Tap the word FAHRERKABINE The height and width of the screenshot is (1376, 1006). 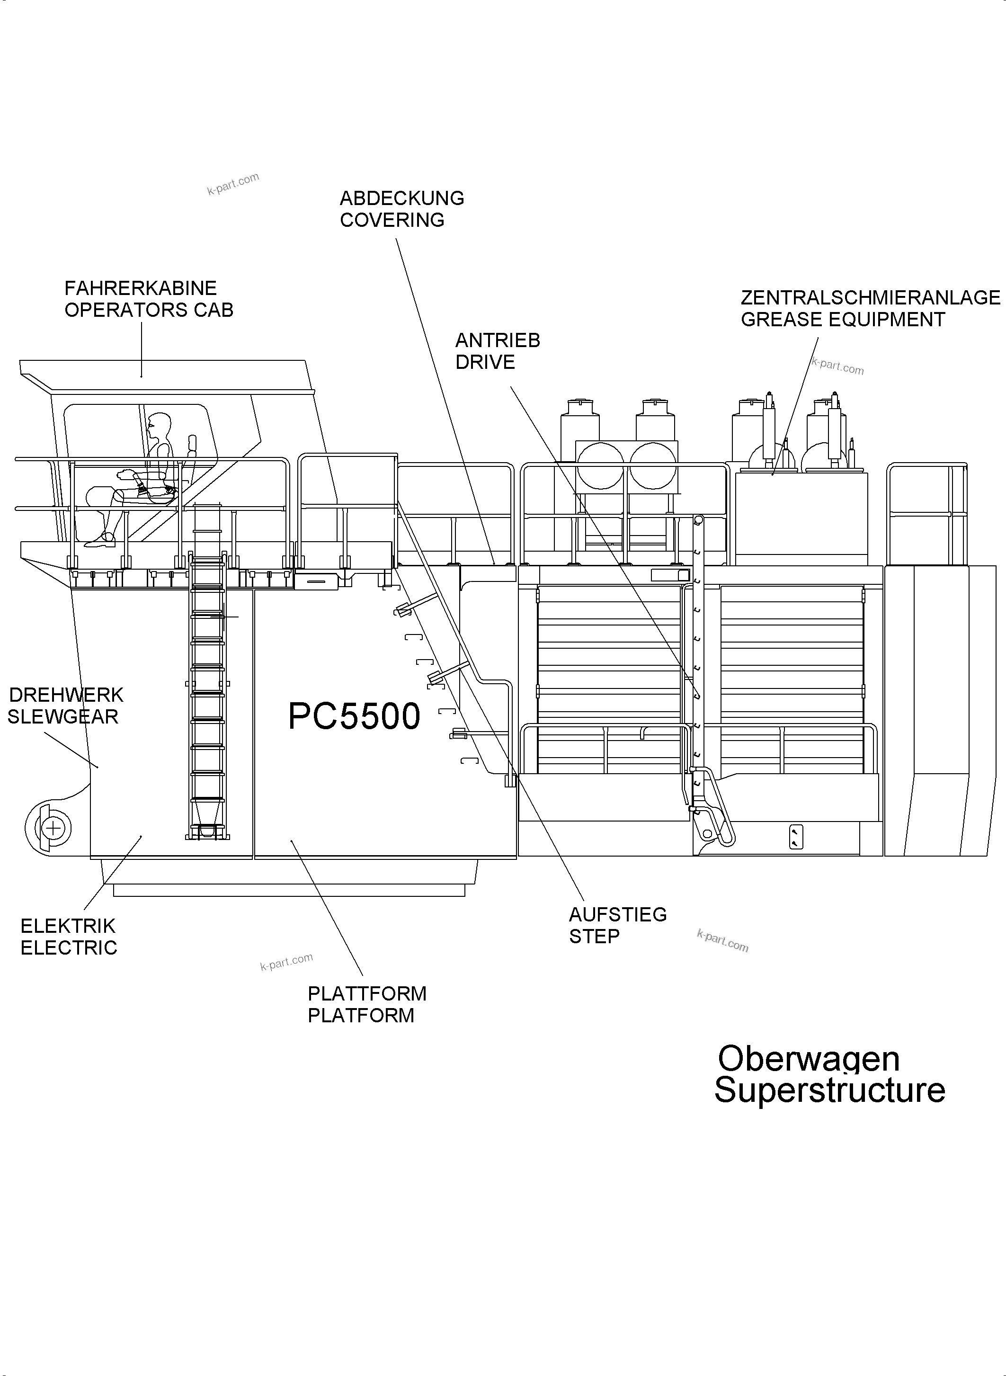coord(141,288)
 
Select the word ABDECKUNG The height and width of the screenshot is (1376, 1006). coord(402,198)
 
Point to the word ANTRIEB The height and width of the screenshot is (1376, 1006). coord(498,340)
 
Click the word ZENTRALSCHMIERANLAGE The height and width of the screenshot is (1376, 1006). coord(870,297)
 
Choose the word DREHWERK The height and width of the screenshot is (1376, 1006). coord(66,695)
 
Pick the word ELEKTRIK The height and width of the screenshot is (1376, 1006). coord(68,926)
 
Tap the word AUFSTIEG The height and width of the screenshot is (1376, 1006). coord(617,914)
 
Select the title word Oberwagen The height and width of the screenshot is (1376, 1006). coord(808,1059)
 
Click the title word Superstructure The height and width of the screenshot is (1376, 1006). coord(829,1090)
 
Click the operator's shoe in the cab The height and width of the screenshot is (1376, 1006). coord(100,540)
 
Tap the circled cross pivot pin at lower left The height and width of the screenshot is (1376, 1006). coord(53,828)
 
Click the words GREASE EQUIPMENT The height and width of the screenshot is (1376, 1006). coord(843,319)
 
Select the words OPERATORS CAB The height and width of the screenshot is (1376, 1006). coord(149,310)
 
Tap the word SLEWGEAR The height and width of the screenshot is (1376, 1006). coord(62,717)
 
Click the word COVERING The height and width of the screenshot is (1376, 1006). coord(392,220)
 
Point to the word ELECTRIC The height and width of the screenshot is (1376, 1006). coord(69,948)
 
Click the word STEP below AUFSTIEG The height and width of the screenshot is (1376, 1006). coord(594,936)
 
